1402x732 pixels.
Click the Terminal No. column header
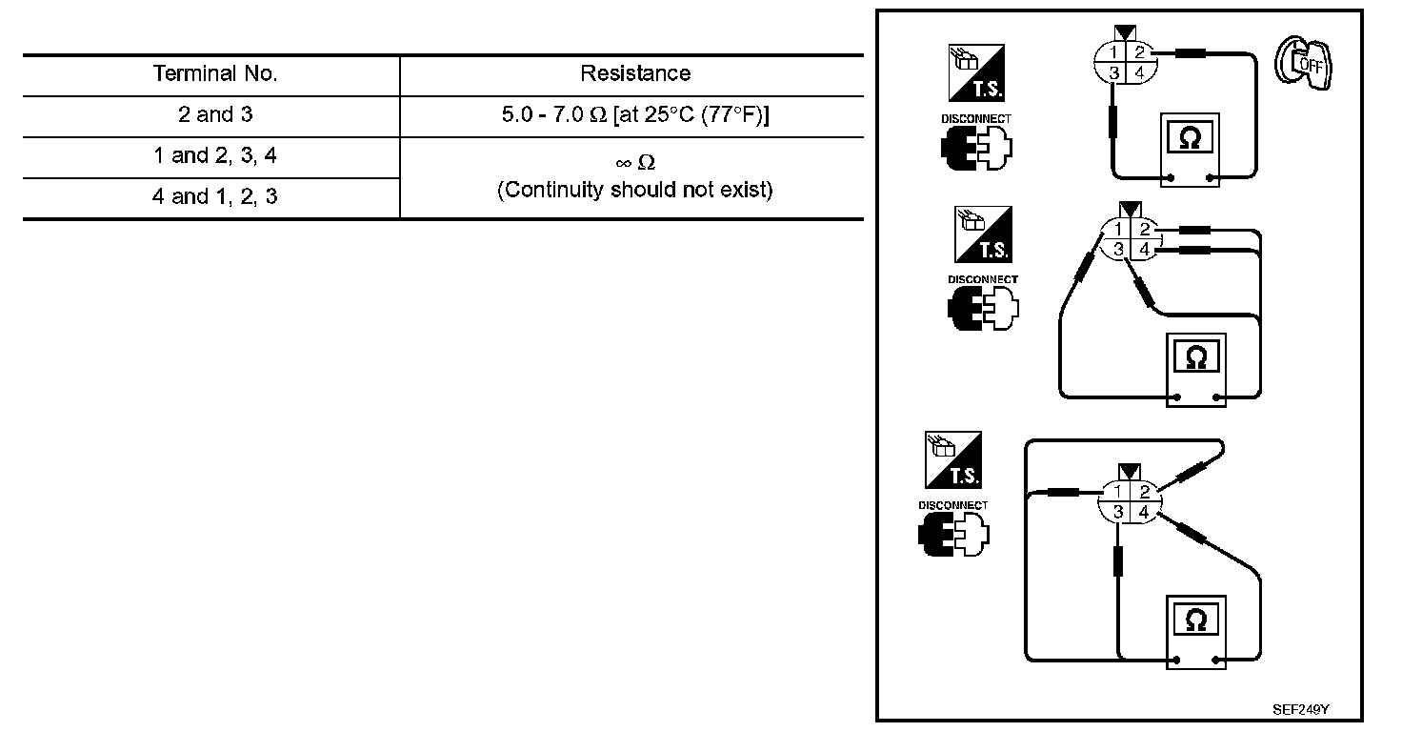(215, 74)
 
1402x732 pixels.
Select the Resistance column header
(635, 74)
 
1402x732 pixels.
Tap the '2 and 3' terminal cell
(215, 115)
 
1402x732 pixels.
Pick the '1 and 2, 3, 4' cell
(215, 156)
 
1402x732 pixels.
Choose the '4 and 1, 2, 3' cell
(215, 197)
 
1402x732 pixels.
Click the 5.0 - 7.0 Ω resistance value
(635, 115)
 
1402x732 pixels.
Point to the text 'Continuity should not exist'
(635, 190)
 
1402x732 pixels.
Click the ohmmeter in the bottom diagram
(1196, 630)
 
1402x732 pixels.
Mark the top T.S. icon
(976, 72)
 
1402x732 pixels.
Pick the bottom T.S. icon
(953, 459)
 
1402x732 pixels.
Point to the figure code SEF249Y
(1301, 710)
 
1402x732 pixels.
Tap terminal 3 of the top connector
(1113, 72)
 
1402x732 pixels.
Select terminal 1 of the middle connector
(1117, 230)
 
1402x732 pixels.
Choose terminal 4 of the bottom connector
(1145, 513)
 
